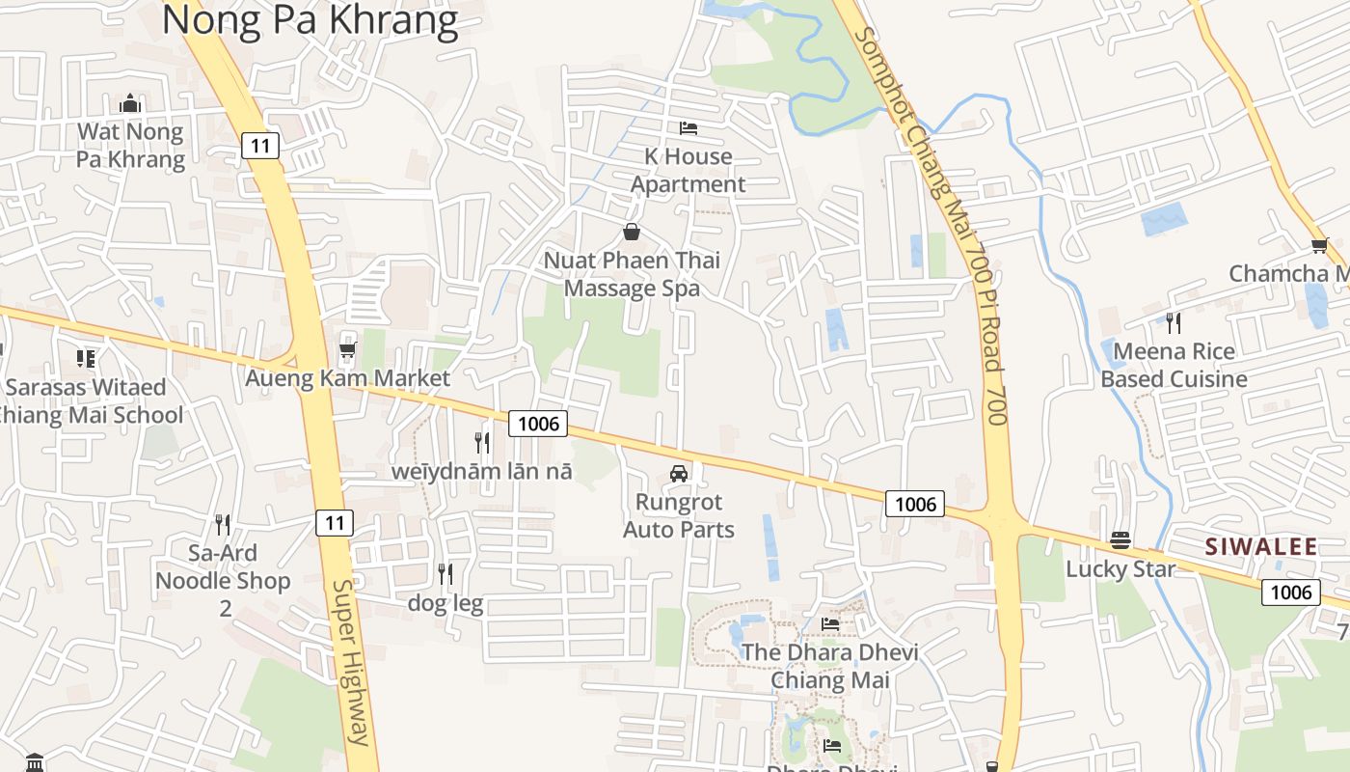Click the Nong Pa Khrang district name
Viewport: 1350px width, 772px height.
tap(310, 19)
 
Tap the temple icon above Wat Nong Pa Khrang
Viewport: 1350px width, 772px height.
tap(130, 103)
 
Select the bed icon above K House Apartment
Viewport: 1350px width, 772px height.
tap(688, 127)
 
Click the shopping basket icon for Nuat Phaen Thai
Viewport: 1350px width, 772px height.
tap(632, 232)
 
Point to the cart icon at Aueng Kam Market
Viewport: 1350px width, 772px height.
tap(347, 349)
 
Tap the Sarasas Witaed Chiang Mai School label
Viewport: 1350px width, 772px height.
tap(87, 400)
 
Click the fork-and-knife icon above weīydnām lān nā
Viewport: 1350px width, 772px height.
tap(482, 443)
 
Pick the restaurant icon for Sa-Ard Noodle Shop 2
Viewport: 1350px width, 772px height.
tap(223, 525)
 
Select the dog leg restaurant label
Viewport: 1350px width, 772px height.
tap(445, 603)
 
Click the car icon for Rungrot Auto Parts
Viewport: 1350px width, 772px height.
tap(679, 474)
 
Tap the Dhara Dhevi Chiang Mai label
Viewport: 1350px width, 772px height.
tap(828, 666)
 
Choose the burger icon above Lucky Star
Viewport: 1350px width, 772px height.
tap(1120, 540)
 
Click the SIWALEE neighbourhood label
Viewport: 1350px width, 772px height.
tap(1261, 547)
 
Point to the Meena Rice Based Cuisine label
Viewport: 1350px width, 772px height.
tap(1174, 365)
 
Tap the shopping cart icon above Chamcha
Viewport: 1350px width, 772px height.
tap(1319, 246)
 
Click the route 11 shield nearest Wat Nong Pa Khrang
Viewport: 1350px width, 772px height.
tap(260, 146)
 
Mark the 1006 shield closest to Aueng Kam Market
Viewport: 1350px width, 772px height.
tap(538, 423)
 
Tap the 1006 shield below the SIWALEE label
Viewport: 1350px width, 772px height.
tap(1290, 592)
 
